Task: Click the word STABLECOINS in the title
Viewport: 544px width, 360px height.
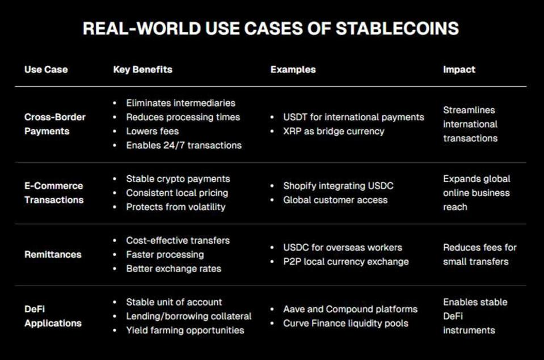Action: (x=397, y=28)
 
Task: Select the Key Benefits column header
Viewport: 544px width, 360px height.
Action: (x=142, y=69)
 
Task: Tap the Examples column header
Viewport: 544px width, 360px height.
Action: (x=293, y=69)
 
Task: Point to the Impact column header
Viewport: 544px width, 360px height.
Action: (x=459, y=69)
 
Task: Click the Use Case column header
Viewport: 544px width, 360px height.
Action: (x=46, y=69)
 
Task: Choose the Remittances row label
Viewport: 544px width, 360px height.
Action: (x=53, y=255)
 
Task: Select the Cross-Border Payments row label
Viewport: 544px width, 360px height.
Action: (x=55, y=124)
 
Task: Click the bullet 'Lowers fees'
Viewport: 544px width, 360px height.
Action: (x=152, y=131)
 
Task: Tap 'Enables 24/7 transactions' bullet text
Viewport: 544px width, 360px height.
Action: (x=184, y=145)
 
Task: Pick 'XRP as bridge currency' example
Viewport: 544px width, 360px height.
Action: (x=334, y=131)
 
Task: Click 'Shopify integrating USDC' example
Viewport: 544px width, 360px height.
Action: (x=338, y=186)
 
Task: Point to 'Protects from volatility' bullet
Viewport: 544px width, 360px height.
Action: (x=176, y=207)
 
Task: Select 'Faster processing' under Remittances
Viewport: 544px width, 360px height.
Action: (x=165, y=255)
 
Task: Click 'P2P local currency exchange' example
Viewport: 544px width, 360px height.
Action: (x=346, y=261)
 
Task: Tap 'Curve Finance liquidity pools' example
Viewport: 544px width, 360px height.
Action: (x=345, y=323)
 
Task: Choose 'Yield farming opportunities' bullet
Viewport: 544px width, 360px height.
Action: (x=185, y=330)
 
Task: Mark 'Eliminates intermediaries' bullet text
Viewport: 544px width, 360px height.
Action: (x=181, y=103)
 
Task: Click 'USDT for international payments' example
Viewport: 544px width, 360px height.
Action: (x=353, y=117)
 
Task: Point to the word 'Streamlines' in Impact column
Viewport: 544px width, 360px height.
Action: (x=469, y=110)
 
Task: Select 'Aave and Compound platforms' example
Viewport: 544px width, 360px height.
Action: (x=351, y=309)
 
